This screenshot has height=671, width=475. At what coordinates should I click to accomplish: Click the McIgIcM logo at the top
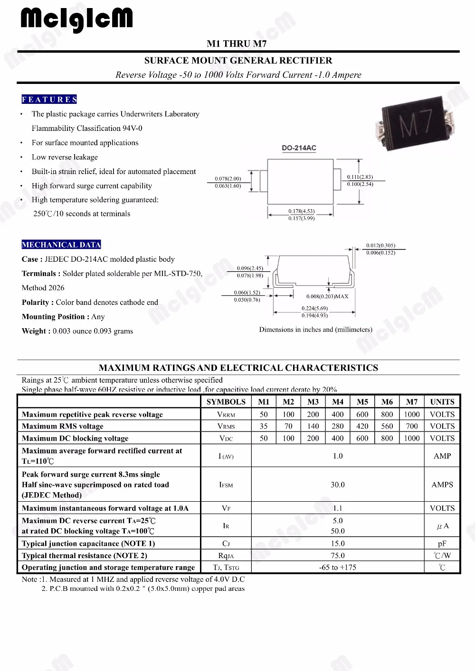point(76,19)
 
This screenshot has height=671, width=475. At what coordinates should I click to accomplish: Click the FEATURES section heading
point(49,99)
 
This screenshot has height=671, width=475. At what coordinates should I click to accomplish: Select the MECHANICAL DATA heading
point(61,245)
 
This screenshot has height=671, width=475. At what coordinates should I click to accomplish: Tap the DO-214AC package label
point(299,148)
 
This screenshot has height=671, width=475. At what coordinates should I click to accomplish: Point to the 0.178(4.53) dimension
point(301,211)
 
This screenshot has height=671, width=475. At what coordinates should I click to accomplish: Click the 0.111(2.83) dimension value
point(360,177)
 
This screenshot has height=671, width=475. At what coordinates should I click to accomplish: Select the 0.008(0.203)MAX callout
point(327,296)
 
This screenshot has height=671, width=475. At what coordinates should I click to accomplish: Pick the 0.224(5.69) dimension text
point(314,308)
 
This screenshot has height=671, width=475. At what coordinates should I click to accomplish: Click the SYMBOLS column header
point(226,402)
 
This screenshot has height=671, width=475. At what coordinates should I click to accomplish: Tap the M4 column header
point(338,402)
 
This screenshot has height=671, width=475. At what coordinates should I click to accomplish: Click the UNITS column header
point(442,402)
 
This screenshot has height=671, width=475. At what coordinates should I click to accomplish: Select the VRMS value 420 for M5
point(362,426)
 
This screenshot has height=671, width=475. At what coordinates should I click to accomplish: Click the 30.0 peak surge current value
point(338,485)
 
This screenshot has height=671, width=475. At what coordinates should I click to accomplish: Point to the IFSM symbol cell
point(226,485)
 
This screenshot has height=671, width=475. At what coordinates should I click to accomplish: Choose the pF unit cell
point(442,543)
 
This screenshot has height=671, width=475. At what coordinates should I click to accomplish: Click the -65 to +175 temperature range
point(338,567)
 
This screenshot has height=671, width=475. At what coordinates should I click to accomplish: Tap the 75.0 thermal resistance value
point(338,555)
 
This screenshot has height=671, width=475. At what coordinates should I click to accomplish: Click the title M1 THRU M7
point(237,44)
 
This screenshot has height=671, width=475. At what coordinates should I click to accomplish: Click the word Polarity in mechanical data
point(35,303)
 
